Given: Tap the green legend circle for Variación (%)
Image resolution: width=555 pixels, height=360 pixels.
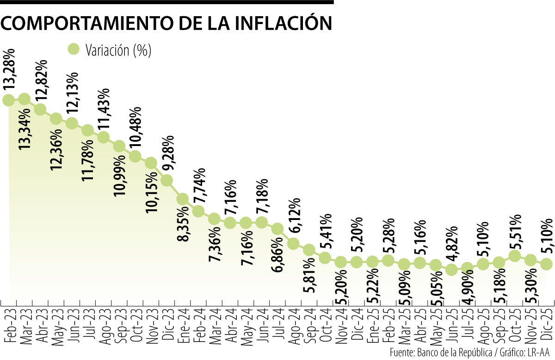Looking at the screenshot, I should [x=74, y=50].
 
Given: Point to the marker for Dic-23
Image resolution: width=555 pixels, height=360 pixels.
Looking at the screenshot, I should [x=166, y=180].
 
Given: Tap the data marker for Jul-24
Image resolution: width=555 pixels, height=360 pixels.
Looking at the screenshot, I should [x=277, y=229].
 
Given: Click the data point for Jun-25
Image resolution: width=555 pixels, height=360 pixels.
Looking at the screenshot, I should [x=451, y=269].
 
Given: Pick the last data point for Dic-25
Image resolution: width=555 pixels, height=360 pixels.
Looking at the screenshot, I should [x=546, y=263].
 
